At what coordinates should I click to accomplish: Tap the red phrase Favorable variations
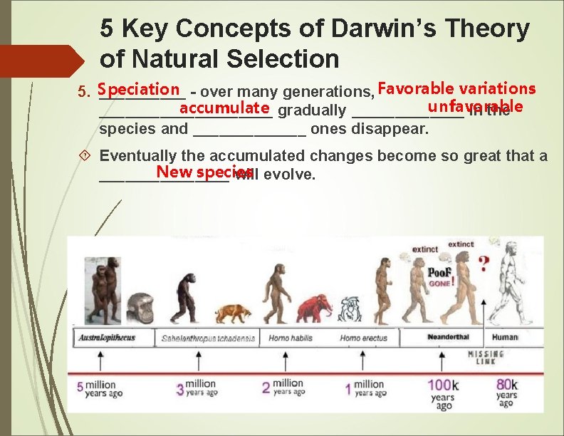(x=456, y=89)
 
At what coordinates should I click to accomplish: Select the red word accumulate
(x=224, y=108)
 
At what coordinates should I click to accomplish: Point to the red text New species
(x=204, y=172)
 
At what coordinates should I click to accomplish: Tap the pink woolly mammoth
(x=314, y=308)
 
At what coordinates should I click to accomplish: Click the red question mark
(x=484, y=263)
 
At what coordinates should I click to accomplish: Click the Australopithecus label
(x=107, y=338)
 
